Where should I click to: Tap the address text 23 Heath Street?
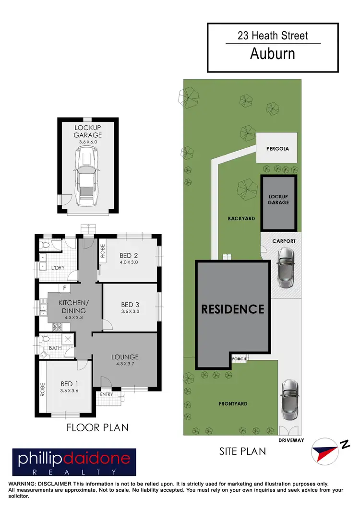[272, 35]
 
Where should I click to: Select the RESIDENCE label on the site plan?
[232, 309]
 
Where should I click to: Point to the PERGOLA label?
[278, 149]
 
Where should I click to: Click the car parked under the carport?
[286, 267]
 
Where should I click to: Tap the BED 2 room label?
[129, 255]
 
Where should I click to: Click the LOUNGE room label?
[125, 357]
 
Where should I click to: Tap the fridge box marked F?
[63, 288]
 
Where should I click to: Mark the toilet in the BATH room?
[45, 339]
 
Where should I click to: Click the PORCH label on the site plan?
[239, 358]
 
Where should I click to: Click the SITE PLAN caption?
[242, 451]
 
